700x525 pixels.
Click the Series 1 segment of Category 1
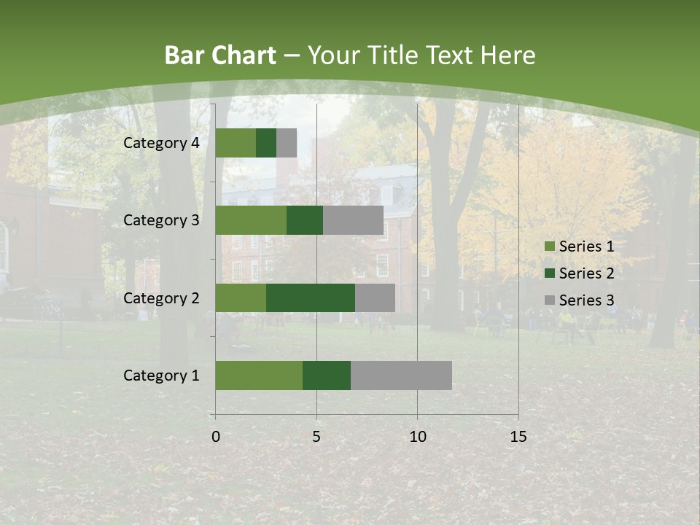tap(259, 376)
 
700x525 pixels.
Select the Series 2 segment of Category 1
tap(327, 376)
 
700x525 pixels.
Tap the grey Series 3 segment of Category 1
tap(401, 376)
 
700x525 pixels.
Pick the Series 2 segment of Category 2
tap(311, 297)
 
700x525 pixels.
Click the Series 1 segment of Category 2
tap(241, 297)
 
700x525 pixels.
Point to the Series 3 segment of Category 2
tap(375, 297)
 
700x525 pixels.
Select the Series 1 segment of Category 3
tap(251, 220)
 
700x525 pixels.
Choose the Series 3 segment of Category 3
tap(353, 220)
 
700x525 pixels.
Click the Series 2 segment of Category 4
tap(266, 143)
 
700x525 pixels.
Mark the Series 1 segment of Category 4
tap(236, 143)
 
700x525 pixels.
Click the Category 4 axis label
tap(161, 143)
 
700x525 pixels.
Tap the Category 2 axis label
tap(161, 297)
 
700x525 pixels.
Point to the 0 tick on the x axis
tap(215, 437)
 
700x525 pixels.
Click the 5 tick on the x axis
tap(316, 437)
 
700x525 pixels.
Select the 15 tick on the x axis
tap(518, 437)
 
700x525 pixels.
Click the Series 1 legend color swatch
tap(549, 246)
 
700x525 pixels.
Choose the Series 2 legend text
tap(586, 273)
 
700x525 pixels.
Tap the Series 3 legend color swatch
tap(549, 300)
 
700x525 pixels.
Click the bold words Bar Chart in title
tap(220, 55)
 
